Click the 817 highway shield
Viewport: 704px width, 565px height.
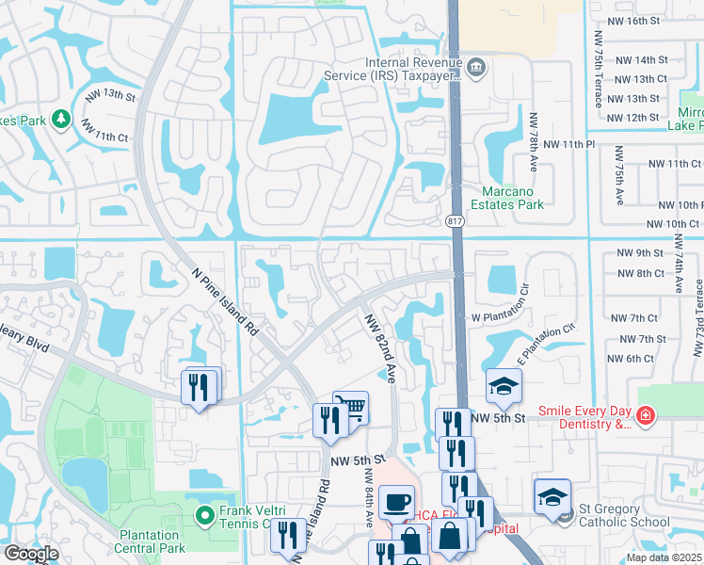[x=454, y=219]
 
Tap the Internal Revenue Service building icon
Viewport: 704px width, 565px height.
[x=477, y=66]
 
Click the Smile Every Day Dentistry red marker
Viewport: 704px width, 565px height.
[x=645, y=415]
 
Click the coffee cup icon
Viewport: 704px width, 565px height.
[x=397, y=500]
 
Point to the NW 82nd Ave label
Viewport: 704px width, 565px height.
[x=379, y=347]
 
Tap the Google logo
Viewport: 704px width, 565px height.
[x=31, y=554]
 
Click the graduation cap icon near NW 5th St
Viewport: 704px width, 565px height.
[x=504, y=385]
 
